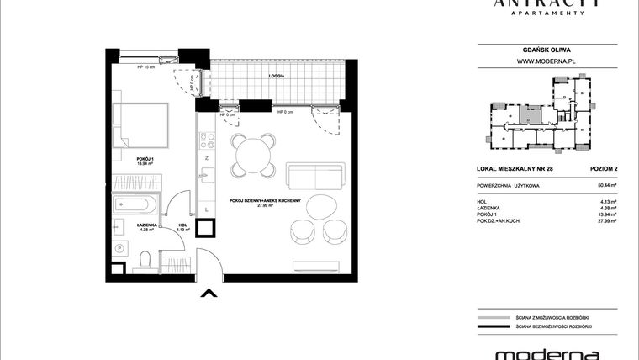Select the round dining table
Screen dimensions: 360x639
(254, 156)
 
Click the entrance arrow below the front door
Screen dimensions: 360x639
(209, 293)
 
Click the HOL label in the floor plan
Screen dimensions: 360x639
(182, 224)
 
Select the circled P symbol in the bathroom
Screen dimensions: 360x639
(119, 249)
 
